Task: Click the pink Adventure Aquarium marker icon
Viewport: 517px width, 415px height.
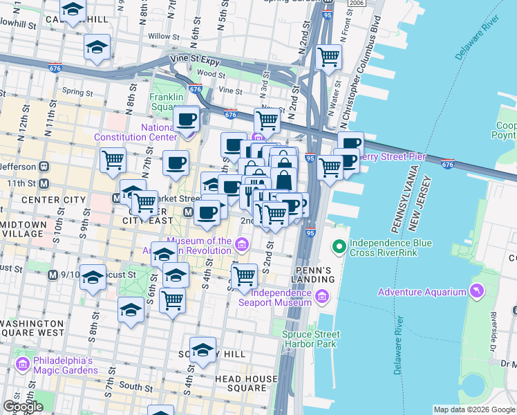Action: [x=476, y=291]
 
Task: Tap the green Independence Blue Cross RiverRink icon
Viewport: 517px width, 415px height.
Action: [x=339, y=246]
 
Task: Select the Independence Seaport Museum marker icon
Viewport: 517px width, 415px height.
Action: [x=321, y=297]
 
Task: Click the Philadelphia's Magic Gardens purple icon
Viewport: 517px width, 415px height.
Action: [x=22, y=364]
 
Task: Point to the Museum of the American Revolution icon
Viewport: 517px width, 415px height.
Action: [x=241, y=244]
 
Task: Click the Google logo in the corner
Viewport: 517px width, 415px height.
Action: [x=23, y=407]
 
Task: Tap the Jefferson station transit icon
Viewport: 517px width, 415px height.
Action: [x=43, y=166]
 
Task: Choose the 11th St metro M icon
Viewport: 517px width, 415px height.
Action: [x=44, y=183]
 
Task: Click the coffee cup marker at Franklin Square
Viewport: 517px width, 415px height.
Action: [x=186, y=120]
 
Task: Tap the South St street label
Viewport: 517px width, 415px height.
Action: [x=139, y=387]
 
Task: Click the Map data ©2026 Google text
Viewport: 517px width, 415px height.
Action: [x=474, y=409]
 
